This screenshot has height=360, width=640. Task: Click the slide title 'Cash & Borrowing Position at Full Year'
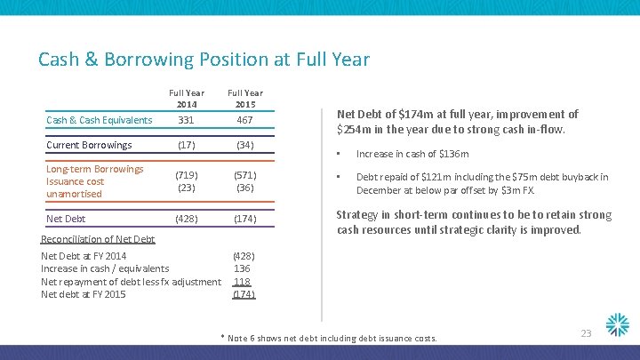[x=204, y=60]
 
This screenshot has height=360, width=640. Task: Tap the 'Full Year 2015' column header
[x=244, y=99]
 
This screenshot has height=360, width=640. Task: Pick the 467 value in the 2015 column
[x=244, y=120]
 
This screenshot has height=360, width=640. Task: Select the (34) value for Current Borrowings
[x=244, y=145]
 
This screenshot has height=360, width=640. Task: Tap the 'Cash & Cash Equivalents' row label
[x=100, y=120]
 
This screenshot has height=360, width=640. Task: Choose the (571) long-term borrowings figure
[x=244, y=175]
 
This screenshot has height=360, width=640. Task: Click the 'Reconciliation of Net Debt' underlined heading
[x=99, y=239]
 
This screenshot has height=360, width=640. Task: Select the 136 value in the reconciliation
[x=242, y=268]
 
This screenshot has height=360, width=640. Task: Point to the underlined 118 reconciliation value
[x=243, y=281]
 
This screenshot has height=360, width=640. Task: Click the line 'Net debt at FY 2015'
[x=84, y=294]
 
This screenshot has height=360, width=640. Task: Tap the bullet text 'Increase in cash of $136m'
[x=412, y=154]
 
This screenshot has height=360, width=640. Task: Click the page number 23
[x=586, y=332]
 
